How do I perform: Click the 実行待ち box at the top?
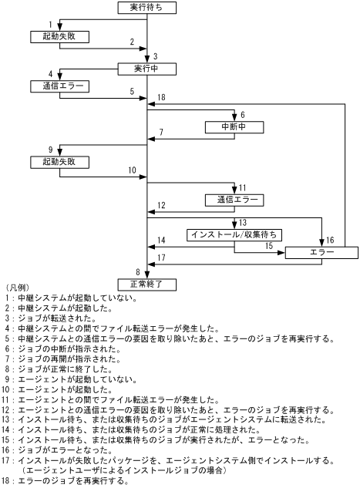click(146, 7)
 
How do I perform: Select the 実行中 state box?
click(146, 69)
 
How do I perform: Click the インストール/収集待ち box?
click(234, 234)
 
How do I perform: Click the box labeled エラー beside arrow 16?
click(321, 252)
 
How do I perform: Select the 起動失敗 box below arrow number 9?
click(60, 162)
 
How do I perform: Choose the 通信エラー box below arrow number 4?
click(60, 85)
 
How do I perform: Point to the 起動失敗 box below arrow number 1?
click(60, 36)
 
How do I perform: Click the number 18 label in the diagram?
click(160, 97)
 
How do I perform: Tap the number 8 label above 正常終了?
click(137, 271)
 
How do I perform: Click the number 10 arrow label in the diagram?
click(132, 170)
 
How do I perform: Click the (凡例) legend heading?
click(16, 290)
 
